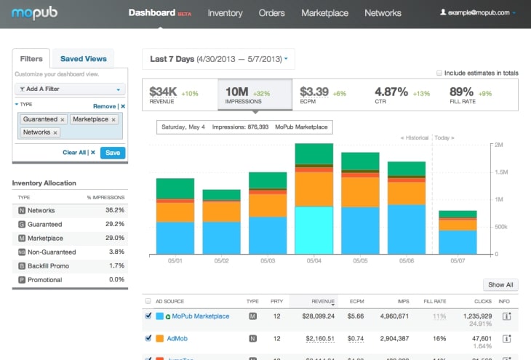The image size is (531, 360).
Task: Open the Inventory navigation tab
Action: [x=225, y=13]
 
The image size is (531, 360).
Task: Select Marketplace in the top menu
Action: [x=324, y=13]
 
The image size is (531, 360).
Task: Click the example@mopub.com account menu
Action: [x=478, y=13]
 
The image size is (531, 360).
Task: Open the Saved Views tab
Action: [x=83, y=59]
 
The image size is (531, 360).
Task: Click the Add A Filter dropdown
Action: [x=70, y=89]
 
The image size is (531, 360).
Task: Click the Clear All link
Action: [x=74, y=153]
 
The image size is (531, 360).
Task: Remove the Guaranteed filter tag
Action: [x=63, y=119]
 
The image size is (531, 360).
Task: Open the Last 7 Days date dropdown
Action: [x=218, y=59]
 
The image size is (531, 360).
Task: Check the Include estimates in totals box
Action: [x=439, y=73]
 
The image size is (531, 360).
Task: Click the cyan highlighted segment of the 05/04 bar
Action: [x=314, y=230]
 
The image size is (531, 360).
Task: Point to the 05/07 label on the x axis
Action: [x=458, y=260]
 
